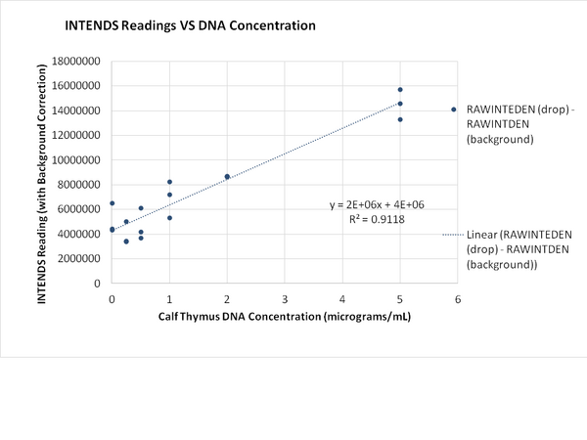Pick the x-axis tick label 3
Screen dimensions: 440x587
tap(285, 298)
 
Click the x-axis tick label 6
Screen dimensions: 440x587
tap(457, 298)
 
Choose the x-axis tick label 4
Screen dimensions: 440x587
tap(342, 298)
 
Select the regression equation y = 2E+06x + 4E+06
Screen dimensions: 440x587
tap(377, 205)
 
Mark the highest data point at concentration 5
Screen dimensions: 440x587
tap(400, 89)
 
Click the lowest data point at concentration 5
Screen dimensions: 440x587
tap(400, 119)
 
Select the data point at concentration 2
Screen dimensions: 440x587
tap(227, 177)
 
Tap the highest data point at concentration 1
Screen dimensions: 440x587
tap(169, 182)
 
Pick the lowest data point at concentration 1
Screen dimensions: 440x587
tap(169, 218)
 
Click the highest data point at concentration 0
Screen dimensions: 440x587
tap(113, 203)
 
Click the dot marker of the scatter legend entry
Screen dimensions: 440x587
tap(453, 110)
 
